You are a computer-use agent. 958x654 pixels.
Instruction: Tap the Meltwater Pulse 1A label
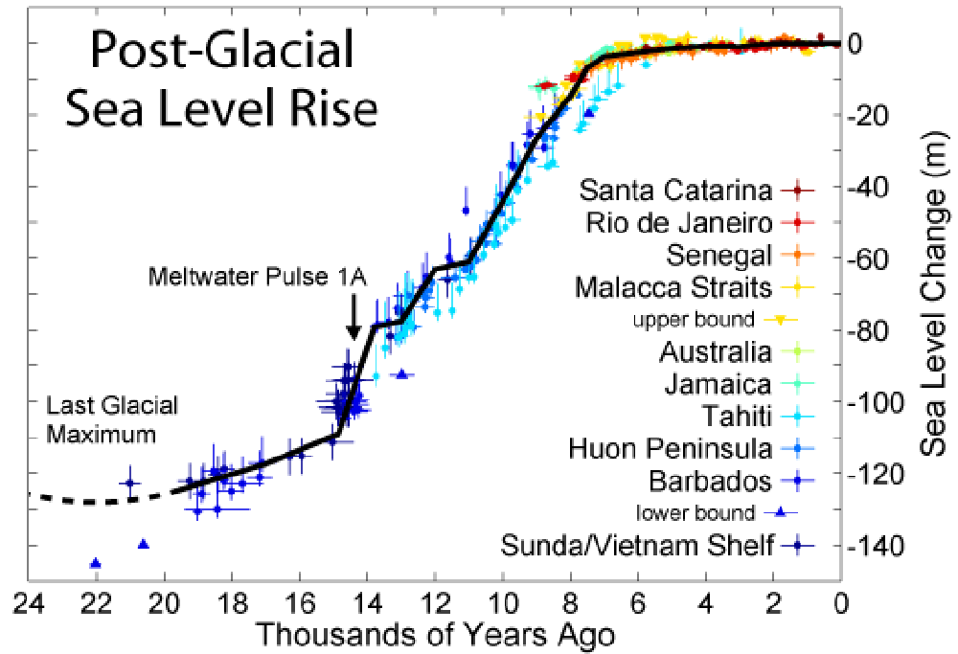coord(258,278)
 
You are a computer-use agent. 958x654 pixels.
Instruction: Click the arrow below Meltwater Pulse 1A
coord(354,316)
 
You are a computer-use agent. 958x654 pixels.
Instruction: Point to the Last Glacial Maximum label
coord(112,419)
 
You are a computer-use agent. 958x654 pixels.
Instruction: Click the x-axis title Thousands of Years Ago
coord(435,634)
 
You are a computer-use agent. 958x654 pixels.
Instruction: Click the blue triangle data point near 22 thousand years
coord(95,563)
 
